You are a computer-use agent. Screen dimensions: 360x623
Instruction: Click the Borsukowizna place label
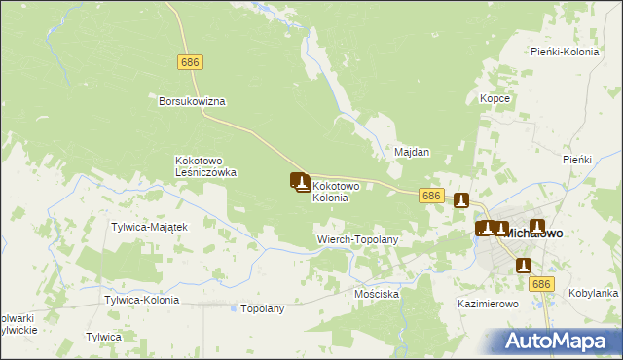point(193,100)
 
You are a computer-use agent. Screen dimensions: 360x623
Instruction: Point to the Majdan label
point(412,153)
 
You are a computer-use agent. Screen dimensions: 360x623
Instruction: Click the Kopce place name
point(495,98)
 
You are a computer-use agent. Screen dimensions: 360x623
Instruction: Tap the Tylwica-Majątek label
point(149,227)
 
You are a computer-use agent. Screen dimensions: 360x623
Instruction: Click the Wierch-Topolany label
point(358,238)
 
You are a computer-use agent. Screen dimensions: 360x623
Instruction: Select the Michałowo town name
point(533,234)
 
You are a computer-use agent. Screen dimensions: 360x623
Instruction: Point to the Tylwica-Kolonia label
point(142,300)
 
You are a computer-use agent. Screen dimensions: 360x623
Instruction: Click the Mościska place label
point(378,294)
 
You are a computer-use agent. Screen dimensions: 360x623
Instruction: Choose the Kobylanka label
point(593,293)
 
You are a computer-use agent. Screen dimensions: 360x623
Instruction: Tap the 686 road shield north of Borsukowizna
point(191,61)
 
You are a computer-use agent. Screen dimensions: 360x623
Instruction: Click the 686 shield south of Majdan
point(433,196)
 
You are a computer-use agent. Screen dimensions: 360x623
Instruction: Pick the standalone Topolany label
point(262,308)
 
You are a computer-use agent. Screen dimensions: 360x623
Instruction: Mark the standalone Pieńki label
point(577,159)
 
